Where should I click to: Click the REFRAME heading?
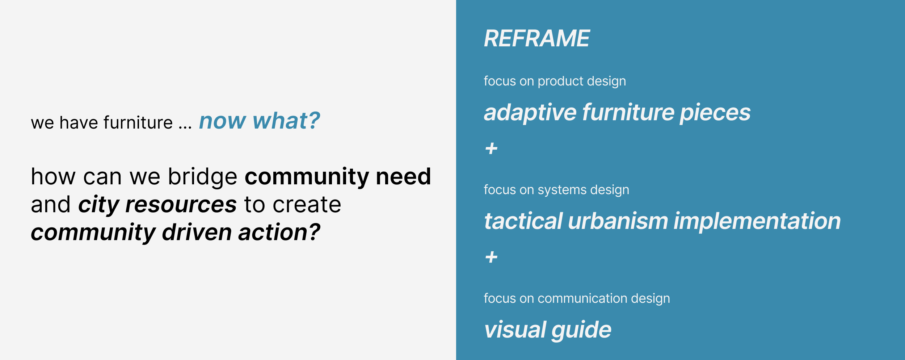point(537,38)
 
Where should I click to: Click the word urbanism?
point(618,221)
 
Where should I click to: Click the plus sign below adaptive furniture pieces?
point(491,148)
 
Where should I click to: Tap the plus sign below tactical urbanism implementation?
point(491,257)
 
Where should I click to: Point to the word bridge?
point(203,177)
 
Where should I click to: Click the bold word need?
point(403,177)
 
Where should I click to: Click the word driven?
point(197,233)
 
